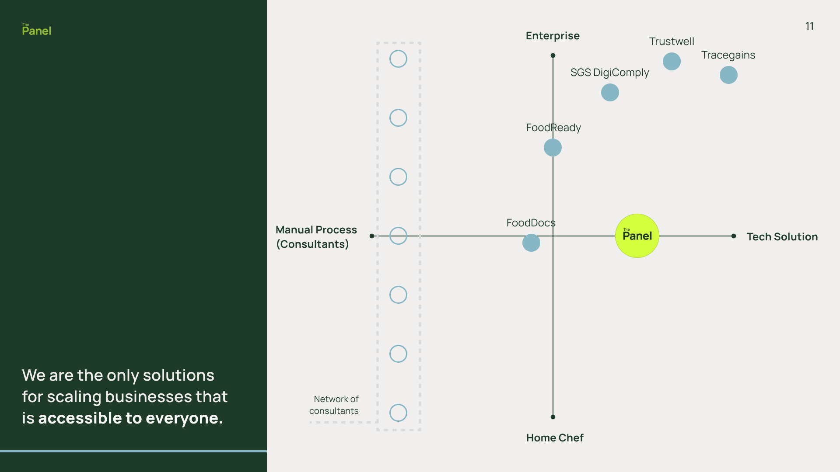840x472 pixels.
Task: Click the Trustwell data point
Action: pos(672,62)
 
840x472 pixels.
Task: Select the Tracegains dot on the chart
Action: pos(728,75)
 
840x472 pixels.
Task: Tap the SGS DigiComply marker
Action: pos(610,93)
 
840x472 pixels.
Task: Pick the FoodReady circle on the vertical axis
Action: pos(553,148)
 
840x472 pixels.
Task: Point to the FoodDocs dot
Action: pos(531,243)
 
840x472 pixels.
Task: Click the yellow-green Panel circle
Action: pos(637,236)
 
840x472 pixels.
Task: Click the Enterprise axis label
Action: pos(553,36)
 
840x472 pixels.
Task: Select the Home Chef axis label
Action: pos(555,438)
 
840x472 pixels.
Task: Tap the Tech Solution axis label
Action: pos(782,237)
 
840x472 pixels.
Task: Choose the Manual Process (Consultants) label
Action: pos(316,237)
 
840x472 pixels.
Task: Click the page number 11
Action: pos(809,26)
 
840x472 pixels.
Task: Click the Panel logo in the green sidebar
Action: pos(37,30)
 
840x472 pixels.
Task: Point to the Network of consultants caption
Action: pos(334,405)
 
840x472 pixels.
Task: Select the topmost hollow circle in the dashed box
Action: pos(398,59)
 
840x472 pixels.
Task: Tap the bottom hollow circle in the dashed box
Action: pos(398,413)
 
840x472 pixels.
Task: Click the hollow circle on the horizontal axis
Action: pos(398,236)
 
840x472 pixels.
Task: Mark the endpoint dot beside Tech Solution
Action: pos(734,236)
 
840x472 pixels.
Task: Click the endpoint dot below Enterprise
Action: pos(553,56)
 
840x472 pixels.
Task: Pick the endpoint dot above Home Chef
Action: pos(553,417)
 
